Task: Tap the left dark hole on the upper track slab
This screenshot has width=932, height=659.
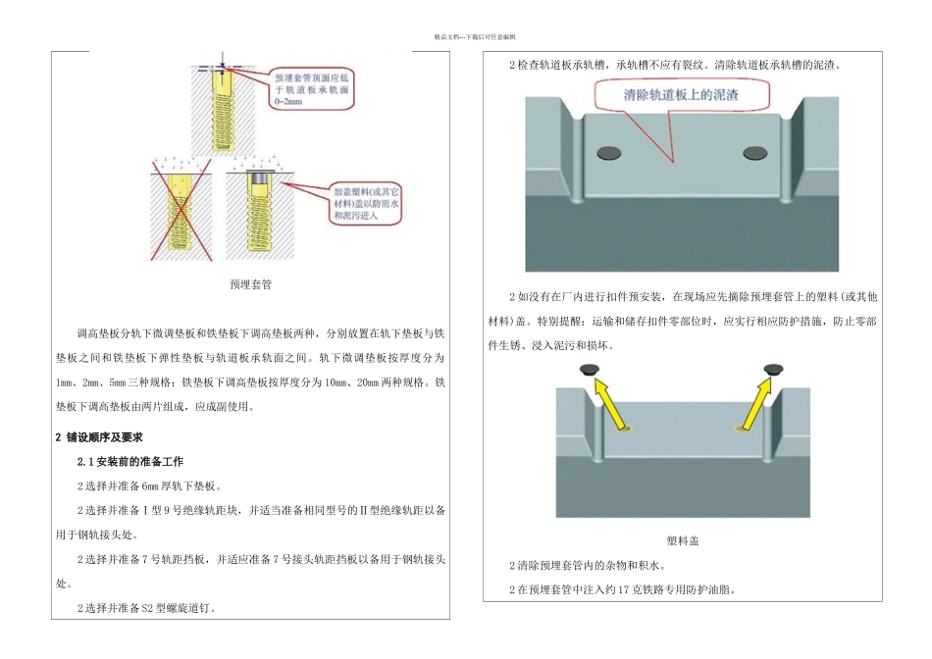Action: point(609,152)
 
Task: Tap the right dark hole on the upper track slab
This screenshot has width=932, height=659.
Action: point(755,152)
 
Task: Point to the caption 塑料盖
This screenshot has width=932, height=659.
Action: point(682,540)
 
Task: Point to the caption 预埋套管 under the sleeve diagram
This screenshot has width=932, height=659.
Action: point(250,285)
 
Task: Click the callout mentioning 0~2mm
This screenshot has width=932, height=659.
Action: point(312,87)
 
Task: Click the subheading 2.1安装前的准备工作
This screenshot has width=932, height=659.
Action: point(129,461)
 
